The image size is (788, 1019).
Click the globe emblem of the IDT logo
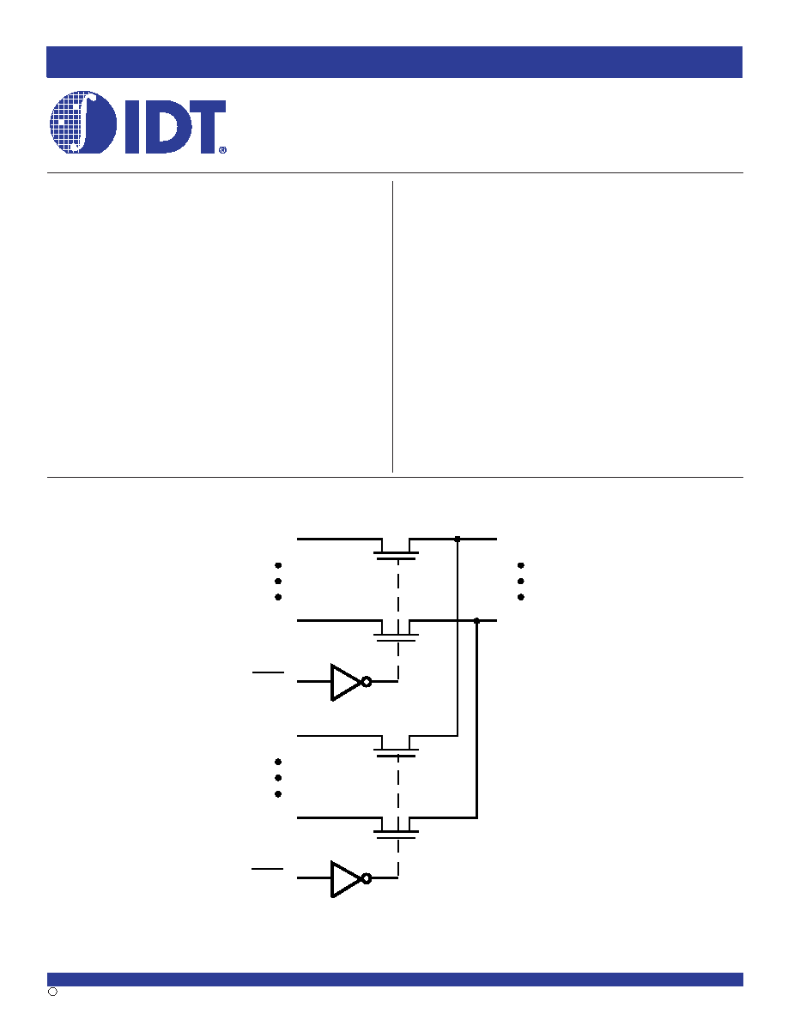coord(83,122)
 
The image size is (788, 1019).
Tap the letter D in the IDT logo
coord(162,127)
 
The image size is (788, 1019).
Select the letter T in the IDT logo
coord(203,127)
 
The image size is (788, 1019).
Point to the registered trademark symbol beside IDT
coord(223,149)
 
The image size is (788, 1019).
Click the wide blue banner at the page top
coord(394,62)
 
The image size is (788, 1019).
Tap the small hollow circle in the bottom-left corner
coord(52,991)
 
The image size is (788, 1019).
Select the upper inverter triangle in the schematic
coord(345,682)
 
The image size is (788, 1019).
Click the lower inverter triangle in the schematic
coord(345,878)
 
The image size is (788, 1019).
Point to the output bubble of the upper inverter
coord(367,682)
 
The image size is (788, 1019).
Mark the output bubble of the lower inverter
coord(367,878)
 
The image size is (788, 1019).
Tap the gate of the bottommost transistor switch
coord(396,838)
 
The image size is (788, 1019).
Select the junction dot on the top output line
coord(457,539)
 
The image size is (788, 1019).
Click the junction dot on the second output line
coord(476,621)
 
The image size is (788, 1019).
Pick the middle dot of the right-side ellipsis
coord(521,581)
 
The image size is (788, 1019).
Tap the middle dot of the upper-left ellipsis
coord(278,581)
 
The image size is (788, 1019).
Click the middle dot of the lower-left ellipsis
coord(278,778)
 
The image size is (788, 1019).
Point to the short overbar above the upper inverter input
coord(268,672)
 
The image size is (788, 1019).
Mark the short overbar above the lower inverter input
coord(268,868)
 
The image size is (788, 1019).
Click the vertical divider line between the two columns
coord(392,326)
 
